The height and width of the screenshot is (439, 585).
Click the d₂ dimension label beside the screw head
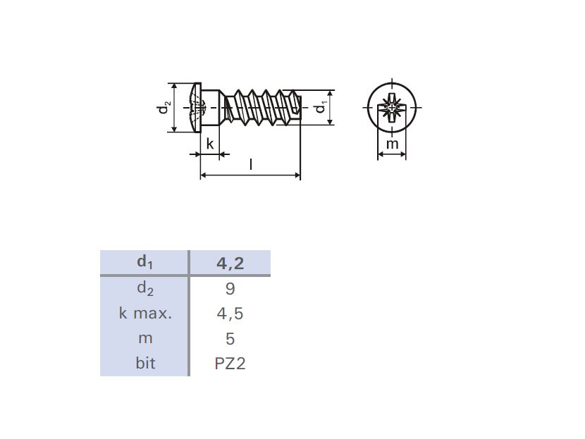(164, 107)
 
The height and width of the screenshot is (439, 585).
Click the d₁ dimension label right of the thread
(320, 107)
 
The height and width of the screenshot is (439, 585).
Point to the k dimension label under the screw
(210, 144)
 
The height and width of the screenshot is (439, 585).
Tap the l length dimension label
(251, 163)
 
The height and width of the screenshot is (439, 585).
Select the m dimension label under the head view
(392, 144)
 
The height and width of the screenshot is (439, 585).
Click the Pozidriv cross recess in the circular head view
(392, 108)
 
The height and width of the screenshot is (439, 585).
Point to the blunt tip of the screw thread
(298, 107)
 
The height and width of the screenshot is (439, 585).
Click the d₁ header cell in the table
(145, 262)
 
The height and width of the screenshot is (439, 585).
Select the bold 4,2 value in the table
(230, 264)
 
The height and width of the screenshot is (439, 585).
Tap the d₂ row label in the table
(145, 288)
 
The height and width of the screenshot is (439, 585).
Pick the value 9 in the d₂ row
(230, 289)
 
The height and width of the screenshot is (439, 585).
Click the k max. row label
(145, 313)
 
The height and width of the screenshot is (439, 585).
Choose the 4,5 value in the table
(230, 314)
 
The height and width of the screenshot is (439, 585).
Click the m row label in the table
(145, 339)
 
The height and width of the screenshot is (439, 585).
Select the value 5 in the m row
(230, 339)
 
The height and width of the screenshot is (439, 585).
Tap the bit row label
(145, 363)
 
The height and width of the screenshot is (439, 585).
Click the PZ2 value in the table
(230, 364)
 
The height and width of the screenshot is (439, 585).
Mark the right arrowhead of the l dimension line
(297, 175)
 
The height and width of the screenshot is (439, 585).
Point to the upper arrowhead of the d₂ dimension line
(174, 87)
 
